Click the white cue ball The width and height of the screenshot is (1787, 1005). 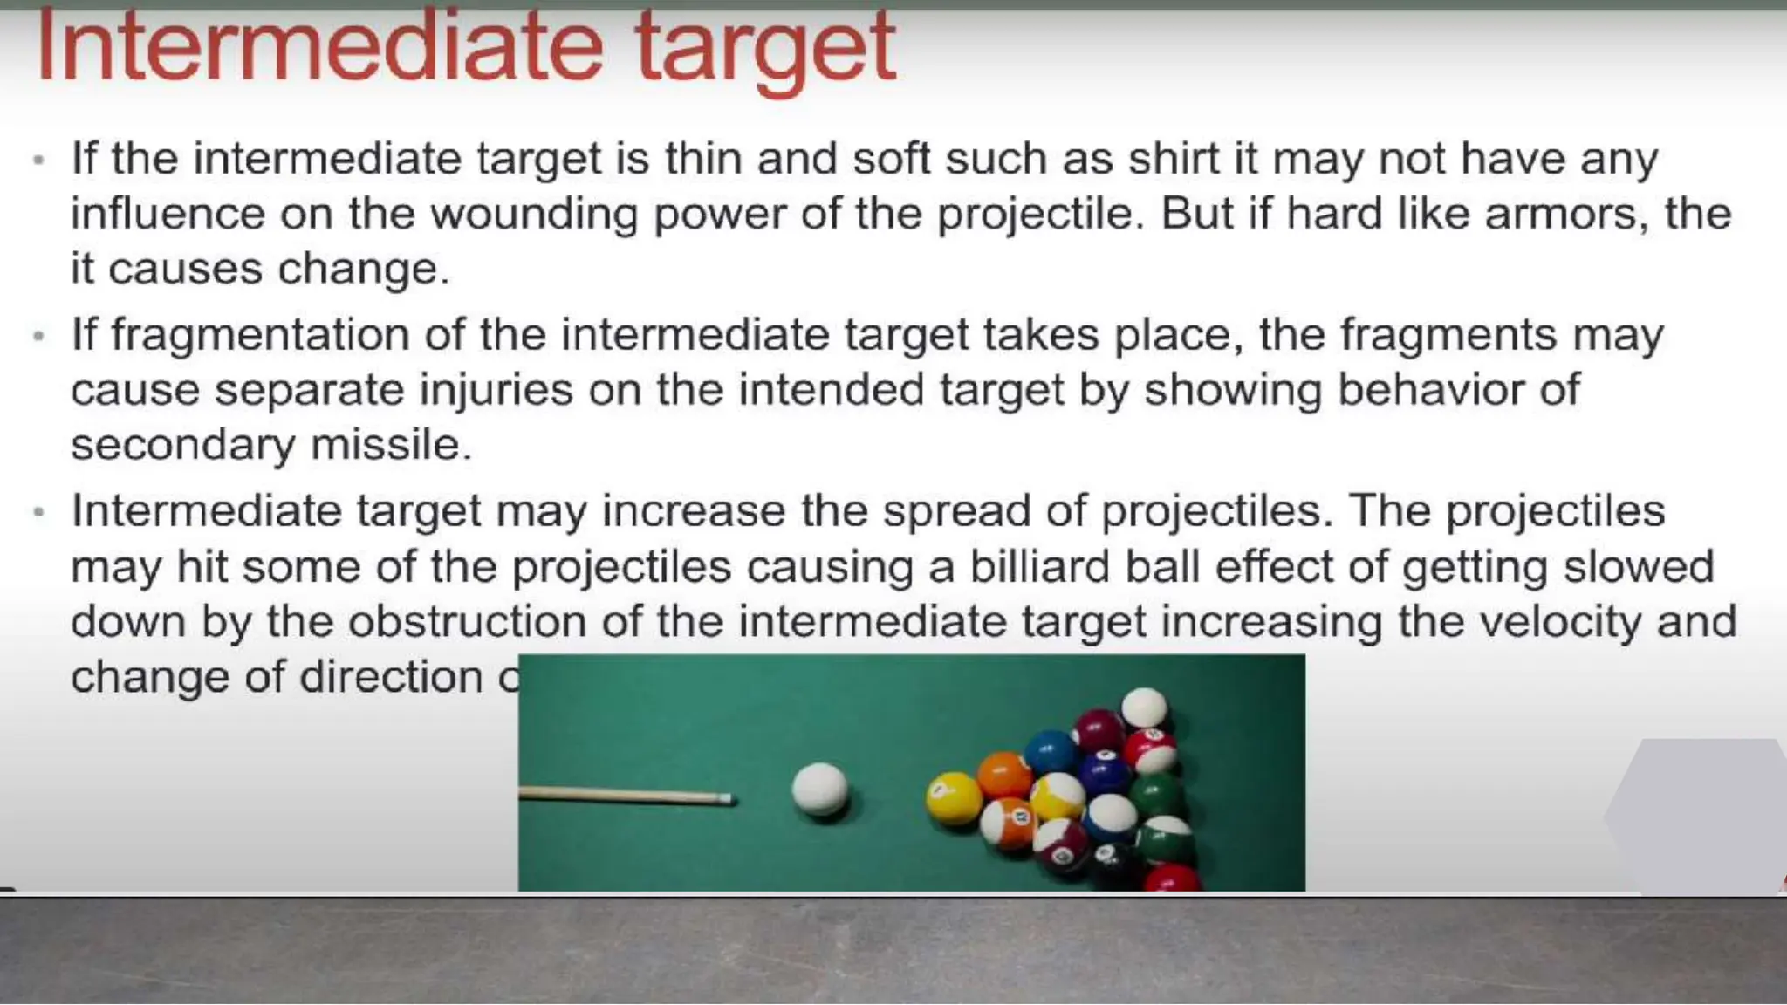click(x=819, y=790)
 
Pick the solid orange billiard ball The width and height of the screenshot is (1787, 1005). click(x=1003, y=774)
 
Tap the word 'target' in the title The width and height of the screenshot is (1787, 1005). click(x=765, y=49)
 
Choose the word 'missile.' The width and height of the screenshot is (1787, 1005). click(x=391, y=445)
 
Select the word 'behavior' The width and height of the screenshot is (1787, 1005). click(x=1430, y=389)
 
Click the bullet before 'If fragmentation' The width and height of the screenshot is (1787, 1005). click(x=38, y=336)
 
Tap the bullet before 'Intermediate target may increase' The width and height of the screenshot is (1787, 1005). click(x=38, y=511)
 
